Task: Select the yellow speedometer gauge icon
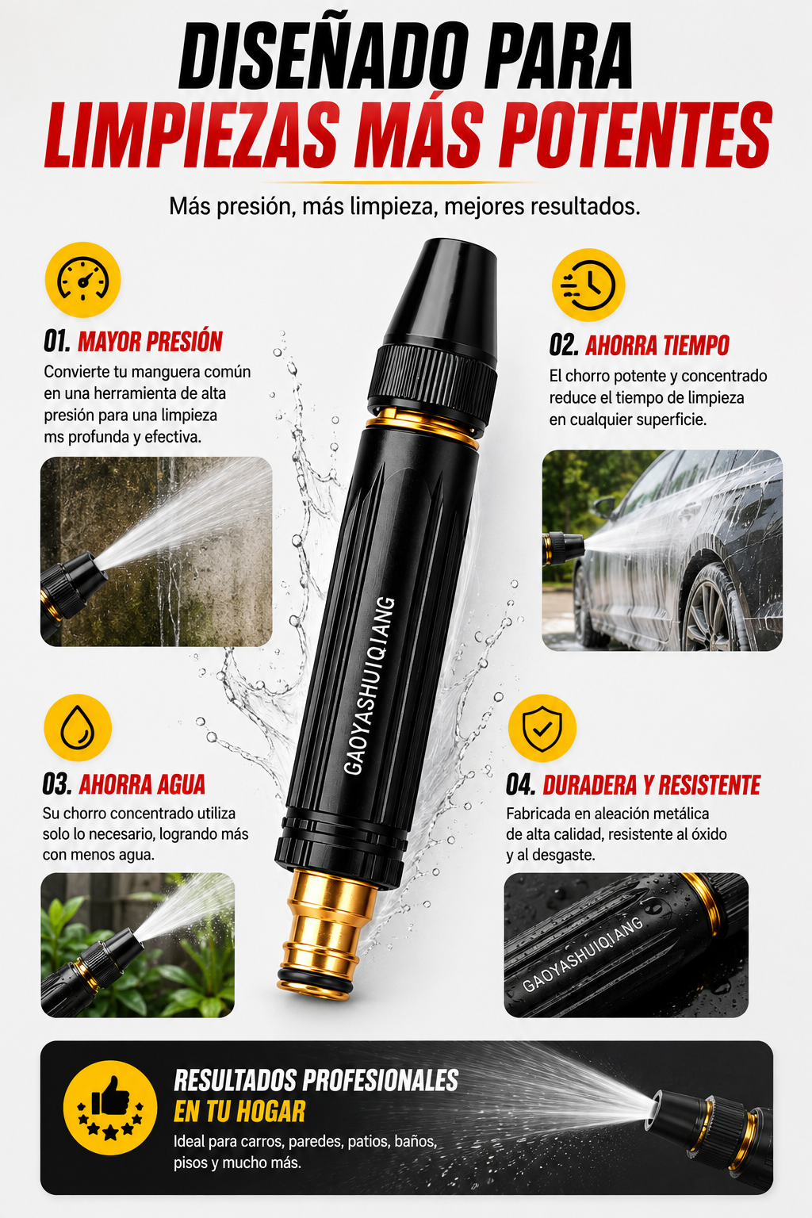[82, 279]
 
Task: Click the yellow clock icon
[588, 285]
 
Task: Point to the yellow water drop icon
[78, 727]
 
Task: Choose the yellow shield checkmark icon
[542, 727]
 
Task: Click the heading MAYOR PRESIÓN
[150, 342]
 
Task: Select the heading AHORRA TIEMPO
[657, 345]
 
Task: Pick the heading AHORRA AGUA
[143, 784]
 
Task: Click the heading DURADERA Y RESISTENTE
[652, 785]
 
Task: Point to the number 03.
[57, 784]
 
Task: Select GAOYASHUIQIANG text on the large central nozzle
[370, 686]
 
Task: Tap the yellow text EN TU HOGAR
[239, 1112]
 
